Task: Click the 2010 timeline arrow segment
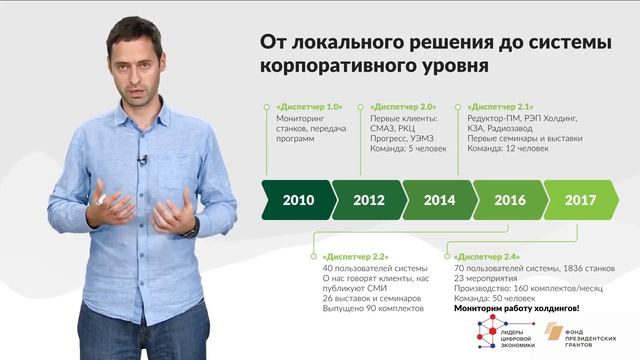(298, 200)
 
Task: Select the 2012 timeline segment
(369, 200)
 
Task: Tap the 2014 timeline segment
(439, 200)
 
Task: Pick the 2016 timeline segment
(510, 200)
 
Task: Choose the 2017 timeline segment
(580, 200)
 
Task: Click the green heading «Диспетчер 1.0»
(308, 105)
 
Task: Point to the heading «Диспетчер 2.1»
(501, 105)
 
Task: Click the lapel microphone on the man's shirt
(143, 159)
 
